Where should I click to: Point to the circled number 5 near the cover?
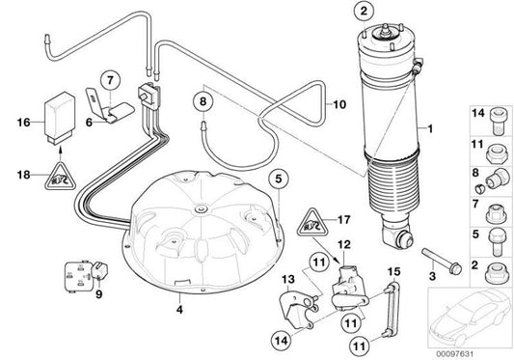(x=278, y=179)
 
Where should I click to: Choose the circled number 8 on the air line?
(x=203, y=99)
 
